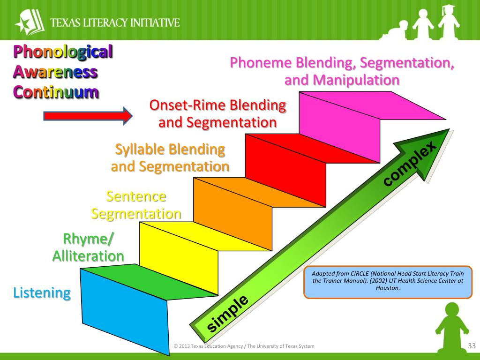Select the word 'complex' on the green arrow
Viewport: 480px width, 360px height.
(x=411, y=165)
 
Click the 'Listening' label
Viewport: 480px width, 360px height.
(x=42, y=293)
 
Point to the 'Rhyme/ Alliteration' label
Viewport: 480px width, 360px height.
(x=88, y=248)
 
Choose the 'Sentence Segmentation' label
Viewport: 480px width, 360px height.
(x=136, y=205)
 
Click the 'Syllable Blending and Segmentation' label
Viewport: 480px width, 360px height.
(x=170, y=158)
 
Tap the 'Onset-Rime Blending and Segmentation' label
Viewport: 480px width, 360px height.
(x=217, y=114)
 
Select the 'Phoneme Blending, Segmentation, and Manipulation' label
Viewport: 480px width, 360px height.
(x=342, y=71)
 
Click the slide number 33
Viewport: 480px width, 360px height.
(x=472, y=346)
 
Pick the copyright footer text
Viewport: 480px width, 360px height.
(x=244, y=346)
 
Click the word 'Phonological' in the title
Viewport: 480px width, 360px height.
(x=62, y=52)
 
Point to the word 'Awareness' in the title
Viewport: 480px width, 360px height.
(x=55, y=72)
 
